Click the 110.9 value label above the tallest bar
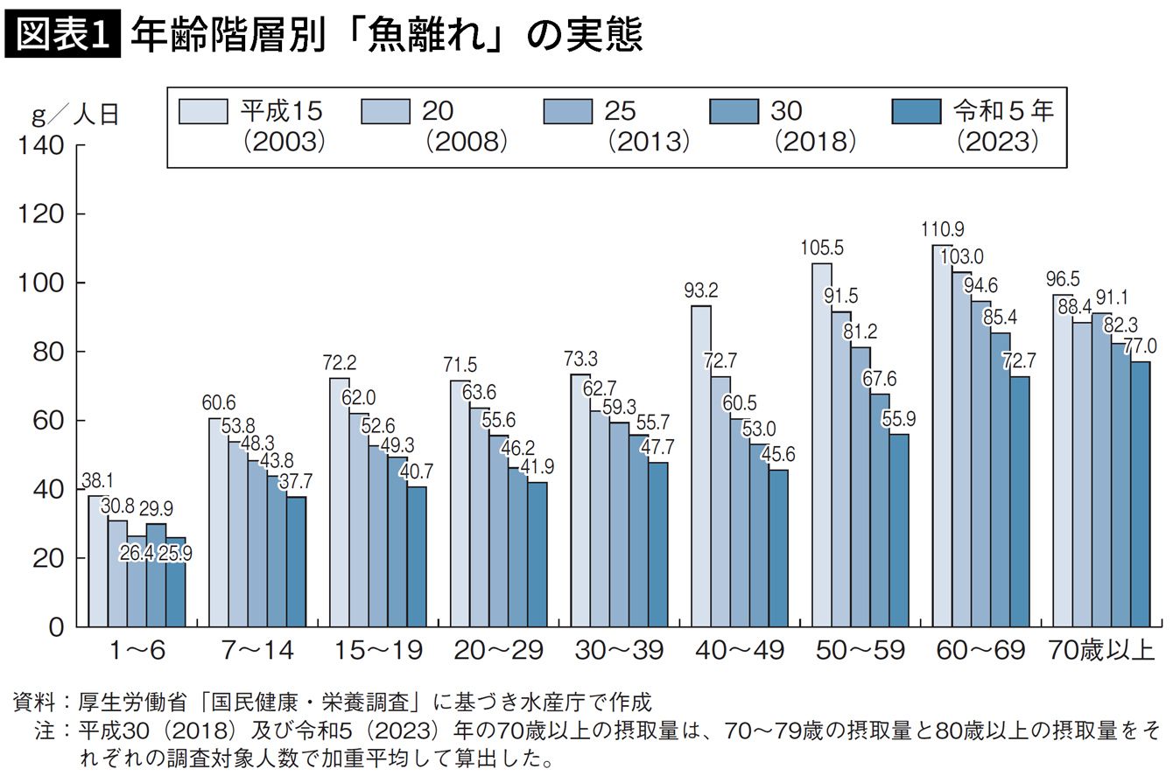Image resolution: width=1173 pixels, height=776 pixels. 943,229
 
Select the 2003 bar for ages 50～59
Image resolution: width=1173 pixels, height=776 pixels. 822,444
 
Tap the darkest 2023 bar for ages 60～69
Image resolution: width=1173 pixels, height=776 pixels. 1020,502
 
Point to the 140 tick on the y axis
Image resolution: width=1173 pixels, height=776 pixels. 41,145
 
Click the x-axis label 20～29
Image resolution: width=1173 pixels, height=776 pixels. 499,650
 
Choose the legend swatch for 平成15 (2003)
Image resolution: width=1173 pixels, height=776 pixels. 203,111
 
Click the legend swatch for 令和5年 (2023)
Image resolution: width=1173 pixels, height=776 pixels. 917,111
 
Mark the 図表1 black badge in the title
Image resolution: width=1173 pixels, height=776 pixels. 62,34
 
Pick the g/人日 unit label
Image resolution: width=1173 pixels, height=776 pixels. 75,115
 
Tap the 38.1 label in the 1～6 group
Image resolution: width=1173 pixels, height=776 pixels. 97,480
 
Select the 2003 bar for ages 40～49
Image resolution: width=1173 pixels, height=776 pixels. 701,466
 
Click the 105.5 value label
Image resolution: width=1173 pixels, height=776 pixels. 822,248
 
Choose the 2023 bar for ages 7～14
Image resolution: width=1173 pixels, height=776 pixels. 297,562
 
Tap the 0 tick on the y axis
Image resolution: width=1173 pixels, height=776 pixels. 56,627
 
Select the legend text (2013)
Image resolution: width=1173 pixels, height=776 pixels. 649,142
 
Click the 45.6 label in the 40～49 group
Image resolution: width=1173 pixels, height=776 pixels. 778,454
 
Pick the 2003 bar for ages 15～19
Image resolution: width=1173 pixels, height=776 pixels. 340,502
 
